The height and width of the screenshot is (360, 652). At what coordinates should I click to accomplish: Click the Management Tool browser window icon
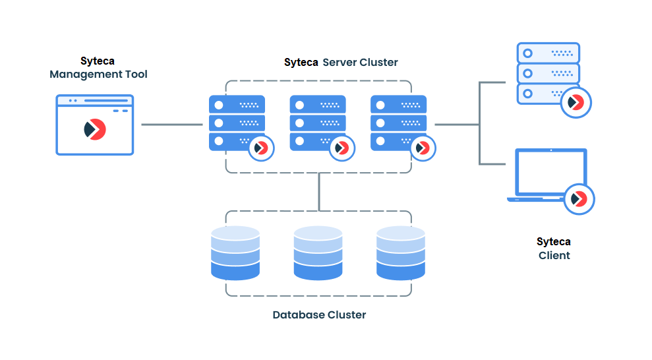click(x=95, y=125)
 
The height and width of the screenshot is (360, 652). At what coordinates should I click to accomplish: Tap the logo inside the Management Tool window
click(x=95, y=129)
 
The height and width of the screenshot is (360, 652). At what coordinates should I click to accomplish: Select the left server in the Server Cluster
click(x=236, y=123)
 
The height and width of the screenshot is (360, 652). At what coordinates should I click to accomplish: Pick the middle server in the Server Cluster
click(x=317, y=123)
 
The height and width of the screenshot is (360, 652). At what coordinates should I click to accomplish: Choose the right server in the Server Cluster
click(x=398, y=123)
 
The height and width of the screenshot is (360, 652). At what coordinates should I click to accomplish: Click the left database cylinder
click(x=235, y=253)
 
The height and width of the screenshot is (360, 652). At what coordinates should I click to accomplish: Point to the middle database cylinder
click(x=318, y=253)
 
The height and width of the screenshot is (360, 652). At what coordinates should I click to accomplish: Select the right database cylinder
click(x=401, y=253)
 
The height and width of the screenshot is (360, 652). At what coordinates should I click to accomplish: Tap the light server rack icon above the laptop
click(x=547, y=73)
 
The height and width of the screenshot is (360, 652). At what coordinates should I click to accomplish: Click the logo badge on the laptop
click(x=579, y=198)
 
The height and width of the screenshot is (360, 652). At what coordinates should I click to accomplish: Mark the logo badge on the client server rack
click(x=576, y=102)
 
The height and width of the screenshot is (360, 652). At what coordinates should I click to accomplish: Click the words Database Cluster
click(x=319, y=315)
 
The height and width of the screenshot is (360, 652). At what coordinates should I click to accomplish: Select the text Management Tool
click(x=98, y=75)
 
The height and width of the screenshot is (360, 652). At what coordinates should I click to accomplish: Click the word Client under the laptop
click(x=554, y=255)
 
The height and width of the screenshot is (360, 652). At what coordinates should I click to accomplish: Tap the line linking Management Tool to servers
click(x=171, y=123)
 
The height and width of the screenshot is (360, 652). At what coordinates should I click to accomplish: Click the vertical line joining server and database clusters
click(x=319, y=191)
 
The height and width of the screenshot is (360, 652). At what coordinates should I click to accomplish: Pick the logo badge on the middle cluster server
click(x=340, y=148)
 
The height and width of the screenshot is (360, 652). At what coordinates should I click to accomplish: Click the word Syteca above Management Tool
click(x=97, y=61)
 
